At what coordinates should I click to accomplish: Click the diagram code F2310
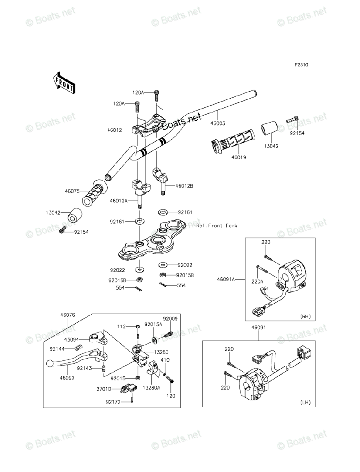click(x=302, y=65)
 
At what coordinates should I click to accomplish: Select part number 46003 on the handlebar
click(x=217, y=123)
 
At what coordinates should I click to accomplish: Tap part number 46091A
click(x=226, y=280)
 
